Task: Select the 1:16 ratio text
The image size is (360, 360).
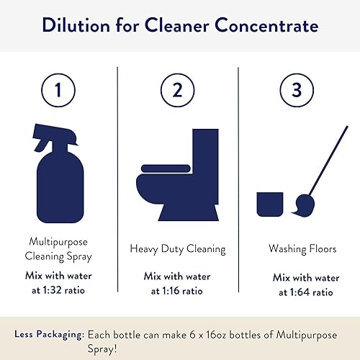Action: click(x=178, y=291)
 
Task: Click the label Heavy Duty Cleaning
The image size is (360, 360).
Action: click(x=178, y=249)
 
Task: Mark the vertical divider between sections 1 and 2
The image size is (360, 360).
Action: click(x=117, y=180)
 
